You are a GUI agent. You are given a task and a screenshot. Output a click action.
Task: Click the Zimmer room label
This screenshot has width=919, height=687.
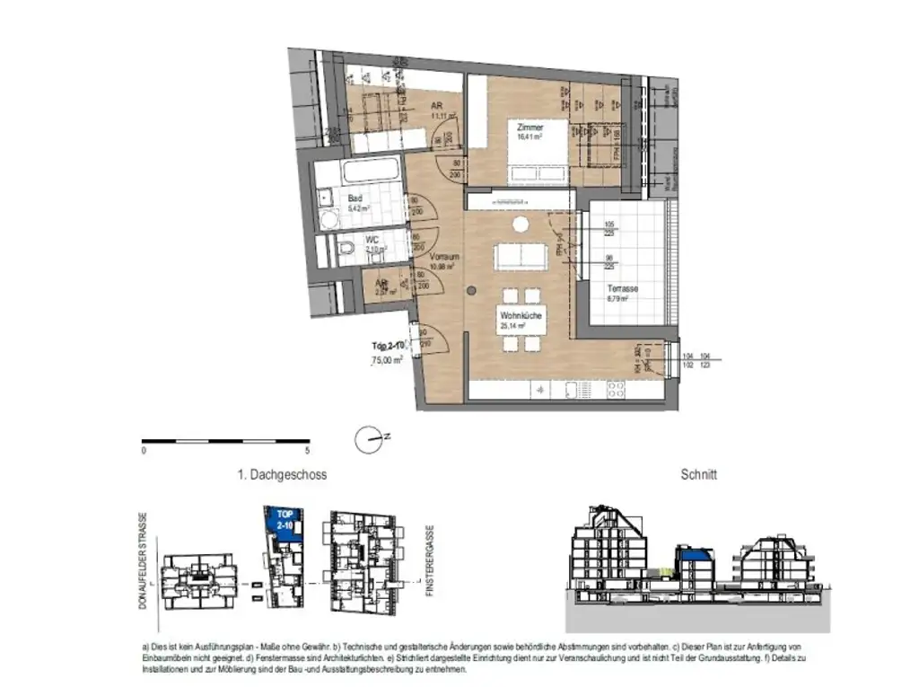pyautogui.click(x=530, y=128)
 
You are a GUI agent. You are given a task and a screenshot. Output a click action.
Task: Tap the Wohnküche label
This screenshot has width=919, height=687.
pyautogui.click(x=519, y=317)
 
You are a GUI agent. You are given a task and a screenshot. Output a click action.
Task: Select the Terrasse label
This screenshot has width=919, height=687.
pyautogui.click(x=622, y=289)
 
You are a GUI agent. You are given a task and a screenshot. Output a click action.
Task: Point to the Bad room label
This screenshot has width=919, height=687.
pyautogui.click(x=355, y=198)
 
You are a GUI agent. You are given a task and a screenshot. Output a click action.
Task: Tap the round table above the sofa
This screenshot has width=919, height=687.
pyautogui.click(x=519, y=225)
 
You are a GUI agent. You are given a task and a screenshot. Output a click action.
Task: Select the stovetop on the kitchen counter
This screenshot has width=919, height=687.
pyautogui.click(x=617, y=390)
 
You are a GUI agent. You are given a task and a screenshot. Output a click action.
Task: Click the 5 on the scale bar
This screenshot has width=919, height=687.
pyautogui.click(x=307, y=452)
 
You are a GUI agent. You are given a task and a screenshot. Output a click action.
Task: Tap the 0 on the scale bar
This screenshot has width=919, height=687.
pyautogui.click(x=144, y=452)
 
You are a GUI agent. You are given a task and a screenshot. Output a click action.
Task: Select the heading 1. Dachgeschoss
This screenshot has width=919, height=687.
pyautogui.click(x=282, y=474)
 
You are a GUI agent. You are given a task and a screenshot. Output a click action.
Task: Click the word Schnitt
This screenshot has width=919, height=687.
pyautogui.click(x=699, y=474)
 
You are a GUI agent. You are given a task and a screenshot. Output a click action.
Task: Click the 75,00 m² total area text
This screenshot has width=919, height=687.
pyautogui.click(x=387, y=359)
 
